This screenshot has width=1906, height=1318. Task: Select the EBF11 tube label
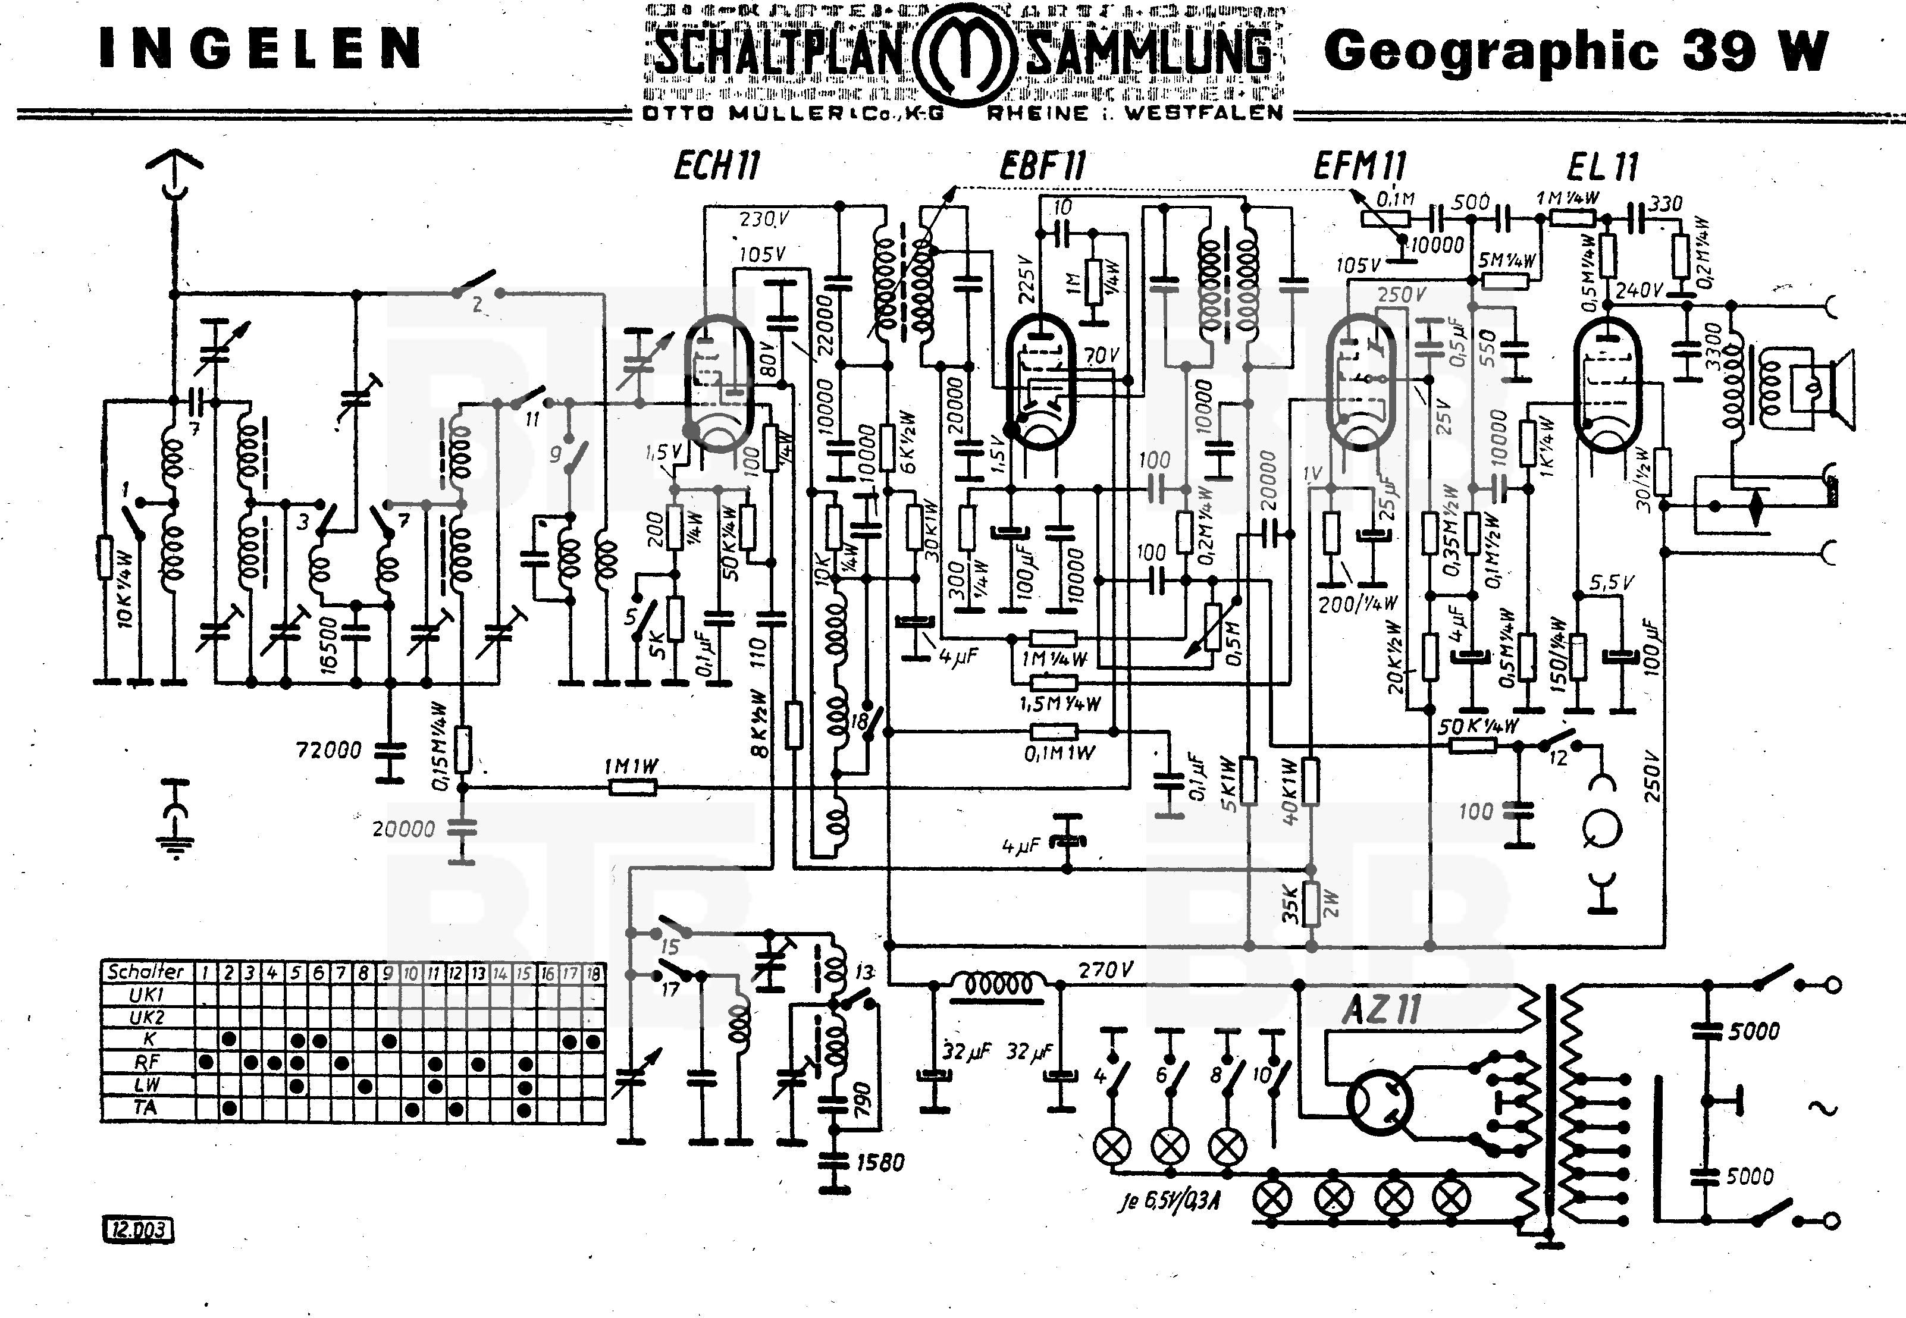point(1042,166)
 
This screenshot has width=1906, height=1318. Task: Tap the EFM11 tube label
point(1359,166)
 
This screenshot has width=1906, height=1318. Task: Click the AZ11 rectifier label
point(1381,1009)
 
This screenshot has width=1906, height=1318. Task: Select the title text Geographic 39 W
point(1576,51)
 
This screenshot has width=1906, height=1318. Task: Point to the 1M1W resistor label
point(632,767)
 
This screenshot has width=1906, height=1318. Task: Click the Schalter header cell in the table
point(145,972)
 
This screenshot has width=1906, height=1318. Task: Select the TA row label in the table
point(145,1107)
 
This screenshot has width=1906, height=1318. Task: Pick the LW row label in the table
point(145,1084)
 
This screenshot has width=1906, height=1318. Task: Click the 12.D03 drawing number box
point(139,1229)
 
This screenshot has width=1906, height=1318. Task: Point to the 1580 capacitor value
point(880,1163)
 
